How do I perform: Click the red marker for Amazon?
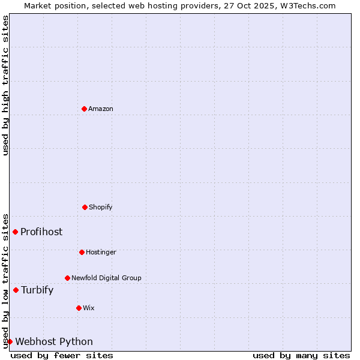click(84, 109)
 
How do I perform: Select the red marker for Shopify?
click(85, 207)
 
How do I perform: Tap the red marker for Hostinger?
click(82, 252)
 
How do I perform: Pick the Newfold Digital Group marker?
click(67, 278)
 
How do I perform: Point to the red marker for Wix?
click(79, 308)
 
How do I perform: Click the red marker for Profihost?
click(15, 232)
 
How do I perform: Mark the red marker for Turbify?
click(16, 290)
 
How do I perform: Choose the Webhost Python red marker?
click(10, 341)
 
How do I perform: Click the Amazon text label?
click(101, 109)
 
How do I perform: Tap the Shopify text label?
click(101, 207)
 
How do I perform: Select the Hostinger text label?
click(101, 252)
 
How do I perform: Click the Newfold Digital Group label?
click(106, 278)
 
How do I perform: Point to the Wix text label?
click(89, 308)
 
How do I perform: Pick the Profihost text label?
click(41, 232)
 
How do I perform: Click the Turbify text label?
click(37, 290)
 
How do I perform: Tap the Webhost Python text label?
click(54, 341)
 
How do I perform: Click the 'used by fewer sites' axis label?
click(62, 355)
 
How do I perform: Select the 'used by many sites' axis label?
click(301, 355)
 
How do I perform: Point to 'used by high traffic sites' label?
click(5, 85)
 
